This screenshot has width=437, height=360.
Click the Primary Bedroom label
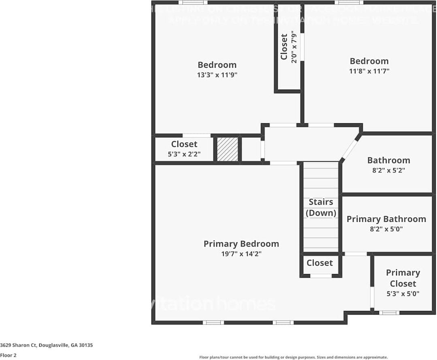[x=241, y=244]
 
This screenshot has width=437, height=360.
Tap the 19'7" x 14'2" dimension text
[x=241, y=254]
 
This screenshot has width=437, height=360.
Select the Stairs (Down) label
[x=321, y=207]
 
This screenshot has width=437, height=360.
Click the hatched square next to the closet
[x=227, y=149]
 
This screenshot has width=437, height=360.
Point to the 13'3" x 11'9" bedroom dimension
[x=217, y=75]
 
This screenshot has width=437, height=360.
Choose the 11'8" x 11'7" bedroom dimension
[x=369, y=71]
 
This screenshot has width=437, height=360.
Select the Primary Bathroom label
[x=386, y=219]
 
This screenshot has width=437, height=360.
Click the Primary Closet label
[x=403, y=278]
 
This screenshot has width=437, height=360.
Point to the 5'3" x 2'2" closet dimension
[x=184, y=154]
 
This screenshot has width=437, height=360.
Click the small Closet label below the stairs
[x=320, y=263]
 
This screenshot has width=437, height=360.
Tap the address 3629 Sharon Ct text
[x=47, y=345]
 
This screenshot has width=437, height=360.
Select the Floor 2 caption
[x=8, y=355]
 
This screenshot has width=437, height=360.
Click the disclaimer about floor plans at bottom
[x=293, y=357]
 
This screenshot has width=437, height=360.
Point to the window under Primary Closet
[x=389, y=313]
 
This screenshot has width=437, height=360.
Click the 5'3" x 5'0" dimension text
[x=403, y=294]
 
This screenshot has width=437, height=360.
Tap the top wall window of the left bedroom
[x=193, y=2]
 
